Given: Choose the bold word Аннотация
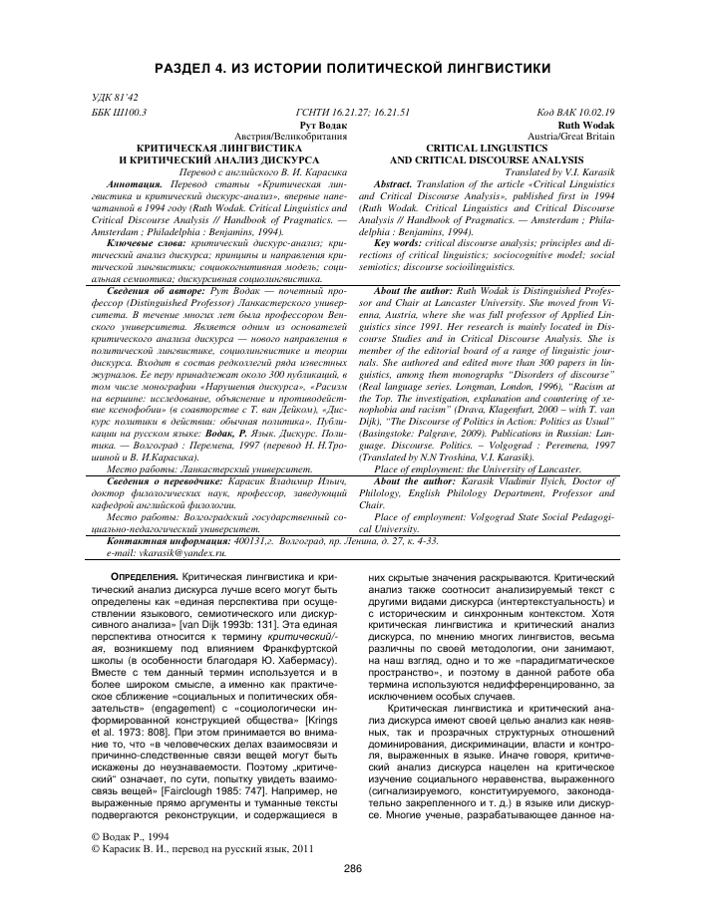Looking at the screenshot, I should [x=134, y=184].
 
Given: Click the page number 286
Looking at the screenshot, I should [x=352, y=868].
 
